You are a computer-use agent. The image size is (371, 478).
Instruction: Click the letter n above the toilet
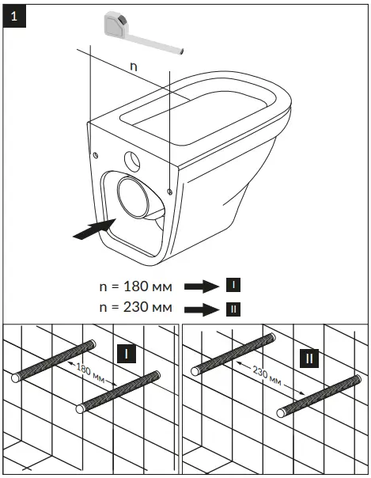pos(133,67)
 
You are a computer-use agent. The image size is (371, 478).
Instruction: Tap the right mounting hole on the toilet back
pos(171,190)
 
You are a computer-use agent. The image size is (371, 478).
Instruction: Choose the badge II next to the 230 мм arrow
pos(233,308)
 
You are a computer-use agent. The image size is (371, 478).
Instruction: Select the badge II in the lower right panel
pos(311,360)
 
